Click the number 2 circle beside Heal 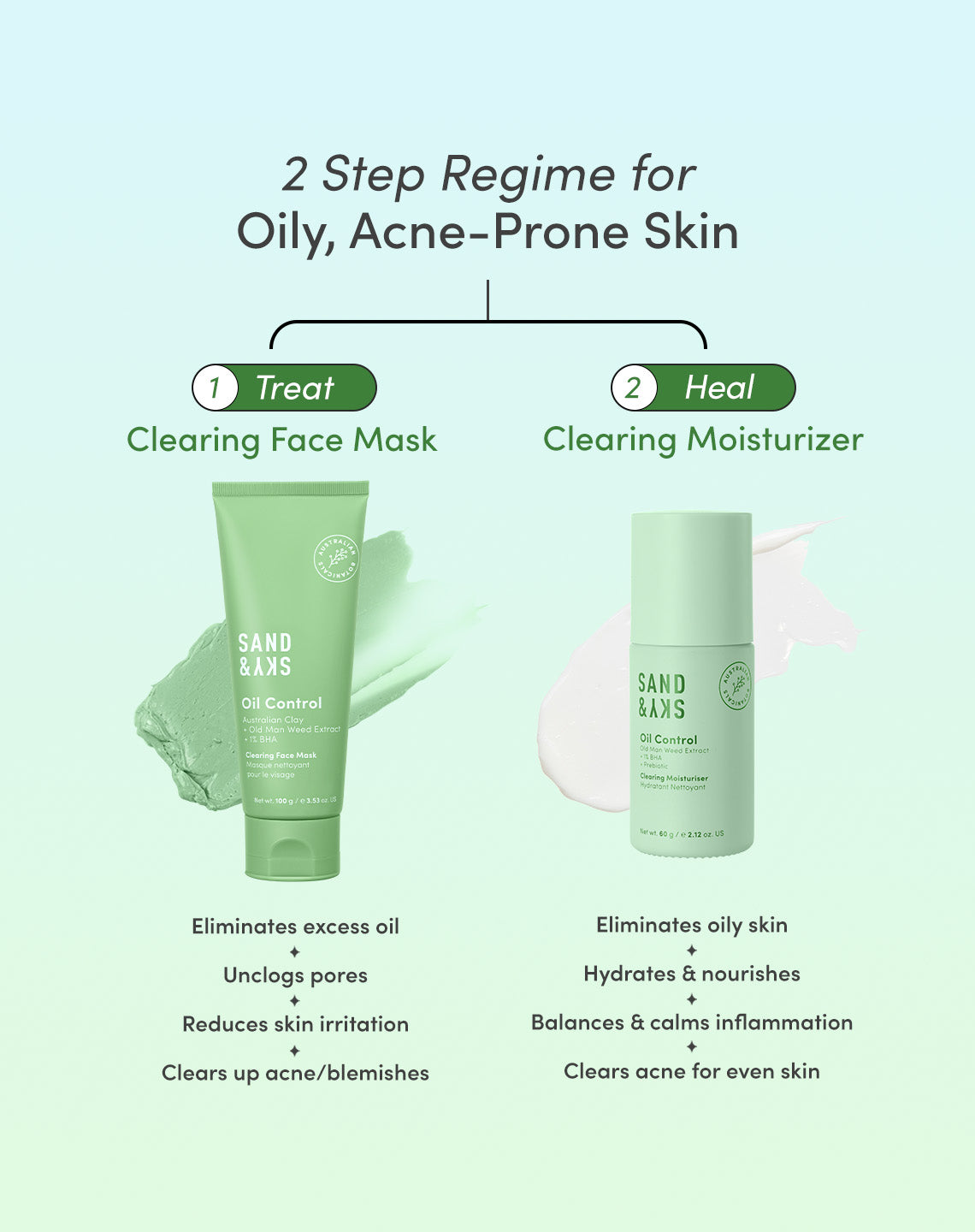pyautogui.click(x=634, y=388)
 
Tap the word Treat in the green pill pyautogui.click(x=295, y=388)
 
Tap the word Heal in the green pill pyautogui.click(x=719, y=388)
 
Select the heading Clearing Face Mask pyautogui.click(x=281, y=440)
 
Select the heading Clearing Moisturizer pyautogui.click(x=703, y=440)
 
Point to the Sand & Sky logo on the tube pyautogui.click(x=264, y=654)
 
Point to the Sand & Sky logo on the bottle pyautogui.click(x=661, y=696)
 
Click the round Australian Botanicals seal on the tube pyautogui.click(x=337, y=558)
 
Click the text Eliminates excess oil pyautogui.click(x=295, y=927)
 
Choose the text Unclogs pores pyautogui.click(x=295, y=975)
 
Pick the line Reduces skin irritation pyautogui.click(x=295, y=1024)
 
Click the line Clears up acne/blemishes pyautogui.click(x=295, y=1073)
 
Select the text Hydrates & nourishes pyautogui.click(x=691, y=974)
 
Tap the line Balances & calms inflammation pyautogui.click(x=691, y=1022)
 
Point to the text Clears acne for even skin pyautogui.click(x=691, y=1071)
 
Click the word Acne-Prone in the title pyautogui.click(x=488, y=232)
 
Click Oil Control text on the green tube pyautogui.click(x=281, y=703)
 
